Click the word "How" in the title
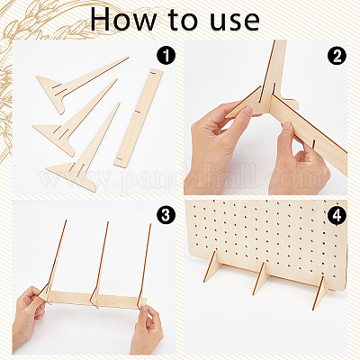pyautogui.click(x=123, y=19)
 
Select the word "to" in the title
pyautogui.click(x=183, y=20)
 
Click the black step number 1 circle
pyautogui.click(x=166, y=56)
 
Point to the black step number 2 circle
pyautogui.click(x=337, y=56)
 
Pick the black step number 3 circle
pyautogui.click(x=166, y=215)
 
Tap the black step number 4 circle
pyautogui.click(x=337, y=215)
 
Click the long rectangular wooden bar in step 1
pyautogui.click(x=139, y=118)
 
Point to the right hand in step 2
pyautogui.click(x=297, y=162)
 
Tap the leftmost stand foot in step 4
pyautogui.click(x=212, y=267)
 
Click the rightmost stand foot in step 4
pyautogui.click(x=320, y=292)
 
